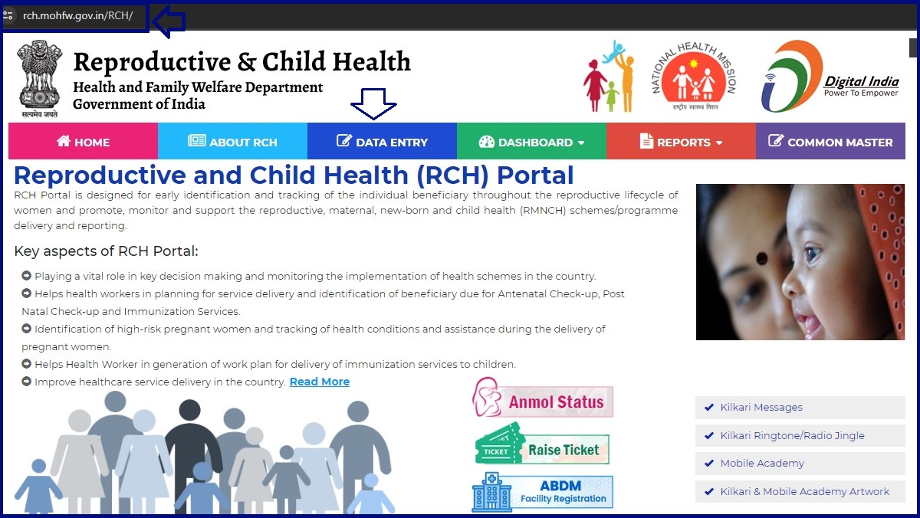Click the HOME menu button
pos(83,142)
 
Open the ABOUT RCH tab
pos(232,142)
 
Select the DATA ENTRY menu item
pos(382,142)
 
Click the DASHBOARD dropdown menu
pos(531,142)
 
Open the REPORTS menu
pos(681,142)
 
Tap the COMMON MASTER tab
pos(830,142)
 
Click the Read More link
pos(319,382)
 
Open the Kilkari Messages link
pos(761,408)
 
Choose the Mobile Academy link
pos(761,464)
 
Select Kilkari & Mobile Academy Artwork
pos(804,491)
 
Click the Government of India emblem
pos(40,77)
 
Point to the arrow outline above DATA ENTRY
pos(373,103)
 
